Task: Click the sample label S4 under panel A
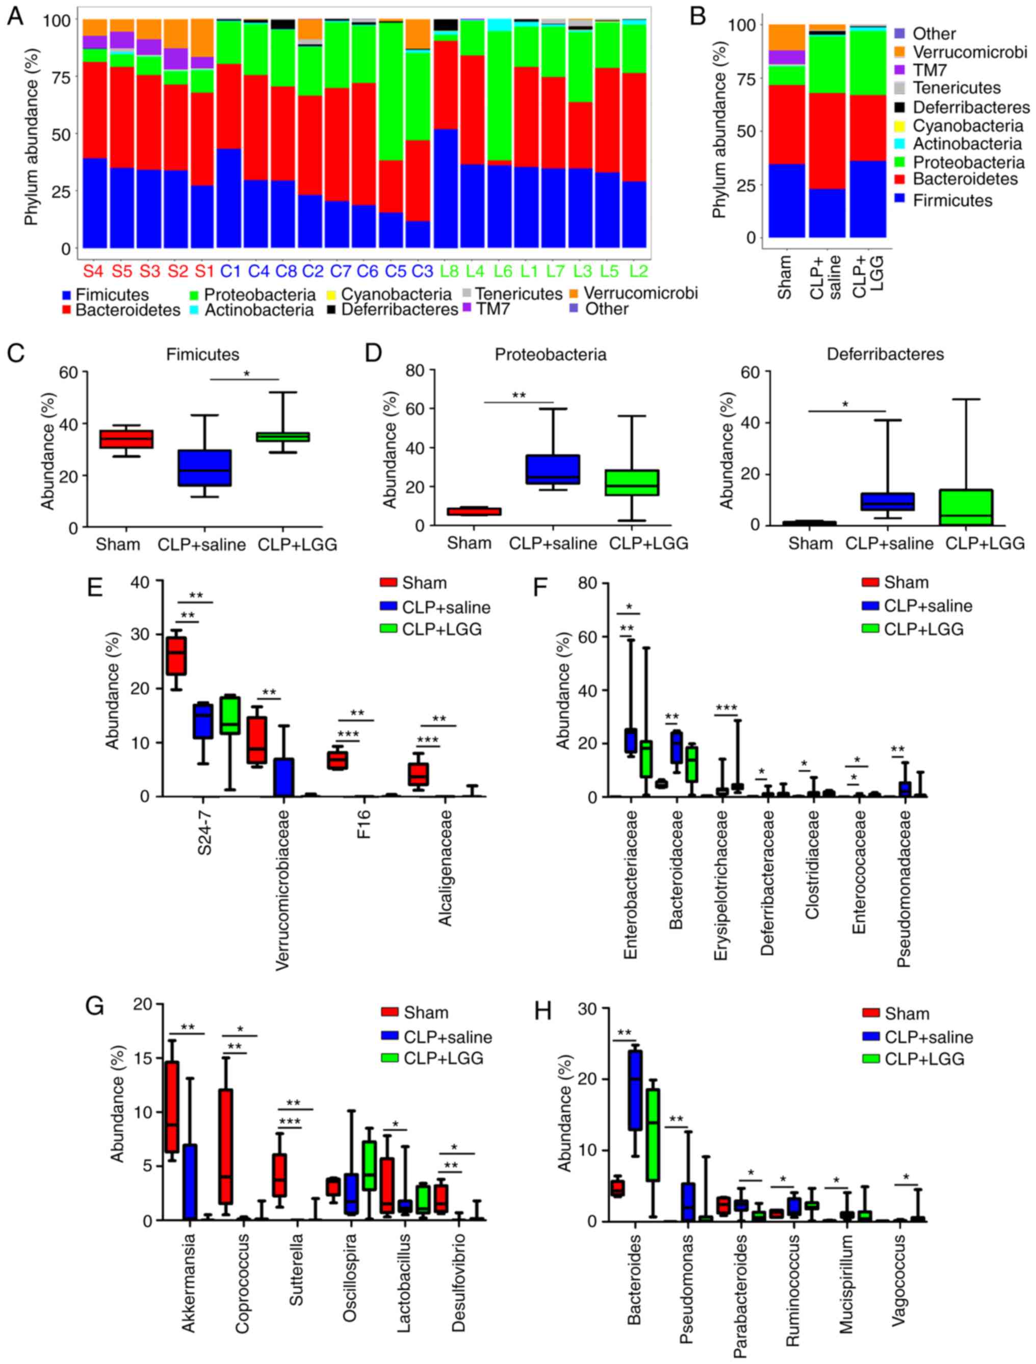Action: click(x=94, y=271)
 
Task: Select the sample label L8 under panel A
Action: click(x=452, y=271)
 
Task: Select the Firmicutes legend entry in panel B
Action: click(x=953, y=200)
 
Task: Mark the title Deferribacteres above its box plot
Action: click(x=885, y=355)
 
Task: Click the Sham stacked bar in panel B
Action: click(x=786, y=130)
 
